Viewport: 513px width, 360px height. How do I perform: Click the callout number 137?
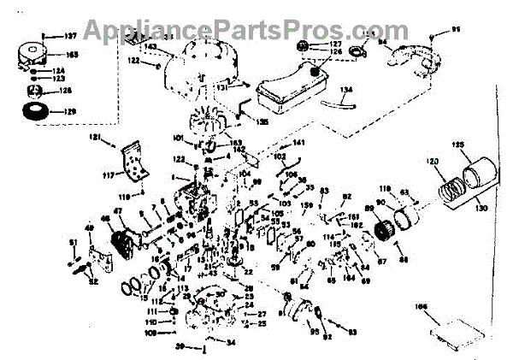[70, 36]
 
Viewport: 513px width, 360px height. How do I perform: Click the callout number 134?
[345, 88]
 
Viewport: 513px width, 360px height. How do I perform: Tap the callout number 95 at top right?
[456, 31]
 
